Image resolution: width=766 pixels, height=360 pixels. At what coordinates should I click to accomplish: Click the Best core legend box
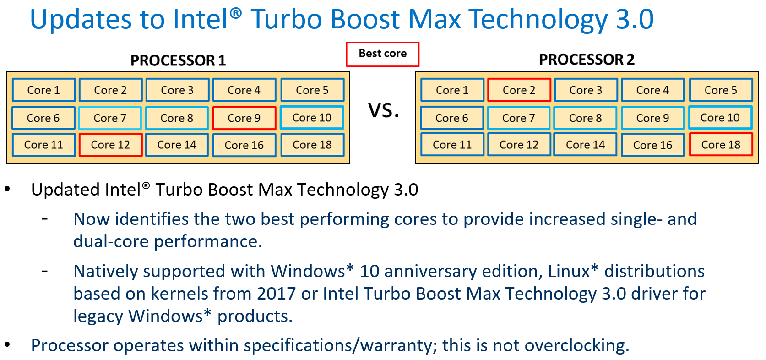[382, 54]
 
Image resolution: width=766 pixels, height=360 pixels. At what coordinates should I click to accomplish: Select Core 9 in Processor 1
[244, 118]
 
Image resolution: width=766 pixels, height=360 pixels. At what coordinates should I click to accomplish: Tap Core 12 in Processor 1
[110, 145]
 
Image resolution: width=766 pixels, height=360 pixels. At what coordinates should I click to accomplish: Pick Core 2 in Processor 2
[519, 90]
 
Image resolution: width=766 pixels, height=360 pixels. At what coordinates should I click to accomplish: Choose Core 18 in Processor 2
[721, 144]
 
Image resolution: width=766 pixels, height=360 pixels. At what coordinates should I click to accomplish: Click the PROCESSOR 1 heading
[178, 60]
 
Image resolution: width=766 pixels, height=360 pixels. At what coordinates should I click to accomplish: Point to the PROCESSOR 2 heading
[587, 60]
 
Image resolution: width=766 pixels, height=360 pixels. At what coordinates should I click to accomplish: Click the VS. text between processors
[384, 110]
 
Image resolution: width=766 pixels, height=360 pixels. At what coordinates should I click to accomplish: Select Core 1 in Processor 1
[44, 90]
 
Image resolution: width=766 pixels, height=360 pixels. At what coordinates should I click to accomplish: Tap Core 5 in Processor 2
[721, 90]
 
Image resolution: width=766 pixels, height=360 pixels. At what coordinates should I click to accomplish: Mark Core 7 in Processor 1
[110, 118]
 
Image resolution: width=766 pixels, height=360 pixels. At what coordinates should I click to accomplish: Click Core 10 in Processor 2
[720, 118]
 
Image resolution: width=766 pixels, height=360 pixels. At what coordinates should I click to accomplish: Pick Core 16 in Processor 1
[244, 145]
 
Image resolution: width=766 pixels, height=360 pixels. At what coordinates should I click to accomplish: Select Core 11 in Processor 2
[452, 144]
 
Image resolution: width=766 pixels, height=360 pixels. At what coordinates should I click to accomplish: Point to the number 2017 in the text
[276, 294]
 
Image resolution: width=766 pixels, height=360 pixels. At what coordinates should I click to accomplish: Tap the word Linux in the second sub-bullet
[569, 271]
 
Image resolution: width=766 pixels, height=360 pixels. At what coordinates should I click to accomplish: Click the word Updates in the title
[81, 19]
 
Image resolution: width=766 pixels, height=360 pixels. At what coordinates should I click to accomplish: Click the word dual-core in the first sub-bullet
[111, 241]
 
